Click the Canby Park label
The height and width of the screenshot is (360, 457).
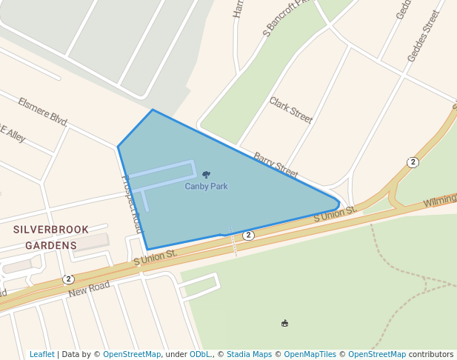206,187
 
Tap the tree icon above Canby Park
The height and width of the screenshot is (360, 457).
206,175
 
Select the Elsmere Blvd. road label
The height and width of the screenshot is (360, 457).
43,112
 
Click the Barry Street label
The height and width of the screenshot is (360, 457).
276,164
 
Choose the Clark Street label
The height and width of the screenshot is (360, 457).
290,109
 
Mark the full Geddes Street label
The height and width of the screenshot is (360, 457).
423,35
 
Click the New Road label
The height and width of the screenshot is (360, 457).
89,289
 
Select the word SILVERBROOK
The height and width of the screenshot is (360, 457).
51,230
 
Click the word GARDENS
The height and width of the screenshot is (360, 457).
51,245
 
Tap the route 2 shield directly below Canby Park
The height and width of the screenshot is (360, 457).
249,235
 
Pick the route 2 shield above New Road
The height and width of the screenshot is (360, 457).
68,279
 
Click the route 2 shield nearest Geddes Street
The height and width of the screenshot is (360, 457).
413,162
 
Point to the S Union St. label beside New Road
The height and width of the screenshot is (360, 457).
155,258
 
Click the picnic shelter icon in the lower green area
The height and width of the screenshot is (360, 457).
284,323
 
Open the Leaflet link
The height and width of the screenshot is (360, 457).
42,355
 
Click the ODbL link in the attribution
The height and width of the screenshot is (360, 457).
200,355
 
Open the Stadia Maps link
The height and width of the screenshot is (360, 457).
248,355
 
